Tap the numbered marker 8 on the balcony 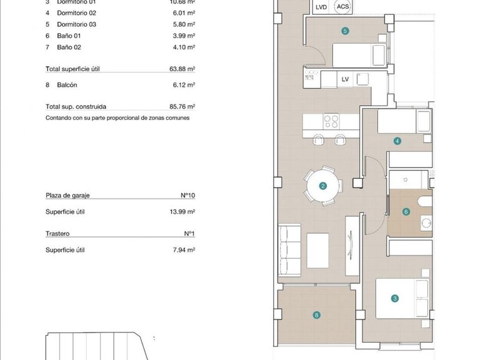(317, 316)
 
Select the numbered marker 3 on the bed (395, 299)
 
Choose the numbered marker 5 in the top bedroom (345, 30)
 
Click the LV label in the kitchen (345, 79)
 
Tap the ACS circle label (342, 7)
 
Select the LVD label (321, 7)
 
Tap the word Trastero (57, 234)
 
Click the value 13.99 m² (182, 212)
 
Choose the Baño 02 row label (69, 47)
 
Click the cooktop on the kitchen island (331, 121)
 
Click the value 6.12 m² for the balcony (184, 85)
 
